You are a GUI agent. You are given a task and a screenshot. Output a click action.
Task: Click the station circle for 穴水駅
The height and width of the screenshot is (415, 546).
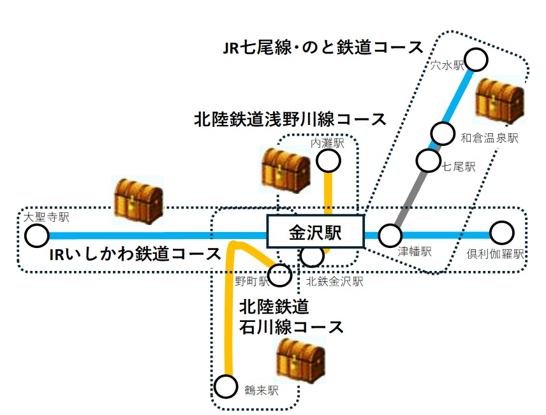click(476, 60)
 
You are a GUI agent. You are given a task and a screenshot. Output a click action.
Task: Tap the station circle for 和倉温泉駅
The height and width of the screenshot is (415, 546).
click(442, 133)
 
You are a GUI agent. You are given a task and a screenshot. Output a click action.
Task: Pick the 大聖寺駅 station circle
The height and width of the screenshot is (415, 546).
click(37, 236)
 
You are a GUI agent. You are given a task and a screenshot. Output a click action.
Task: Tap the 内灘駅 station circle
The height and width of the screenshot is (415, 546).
click(329, 161)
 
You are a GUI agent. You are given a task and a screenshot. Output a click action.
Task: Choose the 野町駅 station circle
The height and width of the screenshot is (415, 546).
click(279, 275)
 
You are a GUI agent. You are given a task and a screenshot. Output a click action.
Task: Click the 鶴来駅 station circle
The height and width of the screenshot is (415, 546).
click(225, 386)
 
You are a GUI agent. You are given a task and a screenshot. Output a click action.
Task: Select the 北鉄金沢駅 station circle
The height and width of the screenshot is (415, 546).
click(312, 256)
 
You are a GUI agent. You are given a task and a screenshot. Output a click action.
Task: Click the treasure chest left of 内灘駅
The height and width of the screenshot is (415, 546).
click(286, 169)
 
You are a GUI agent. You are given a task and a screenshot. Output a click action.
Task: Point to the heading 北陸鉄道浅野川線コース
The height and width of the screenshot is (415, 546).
click(290, 119)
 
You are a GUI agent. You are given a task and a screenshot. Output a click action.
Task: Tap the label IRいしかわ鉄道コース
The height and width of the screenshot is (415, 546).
click(135, 254)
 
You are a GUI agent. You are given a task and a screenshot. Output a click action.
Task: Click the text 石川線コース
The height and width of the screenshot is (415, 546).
click(291, 327)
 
